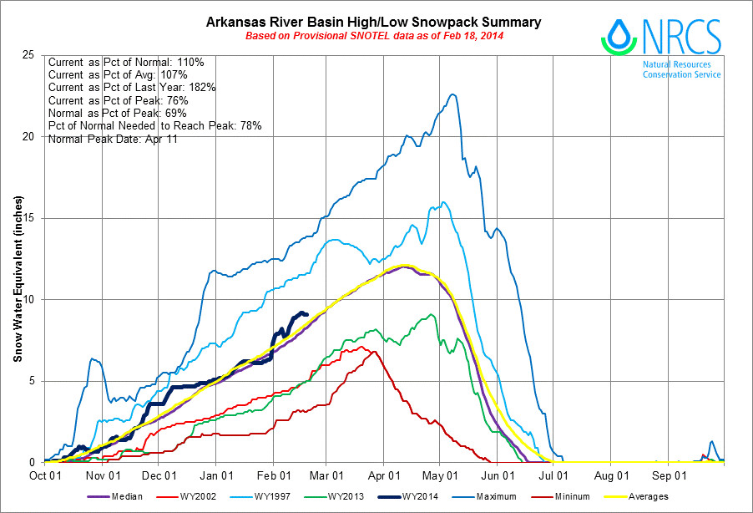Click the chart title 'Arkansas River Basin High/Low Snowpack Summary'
point(373,22)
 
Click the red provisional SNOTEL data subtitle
point(373,37)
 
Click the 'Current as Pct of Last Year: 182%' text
point(133,88)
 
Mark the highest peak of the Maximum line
point(452,94)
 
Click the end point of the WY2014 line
point(307,314)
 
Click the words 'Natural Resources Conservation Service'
point(681,69)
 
